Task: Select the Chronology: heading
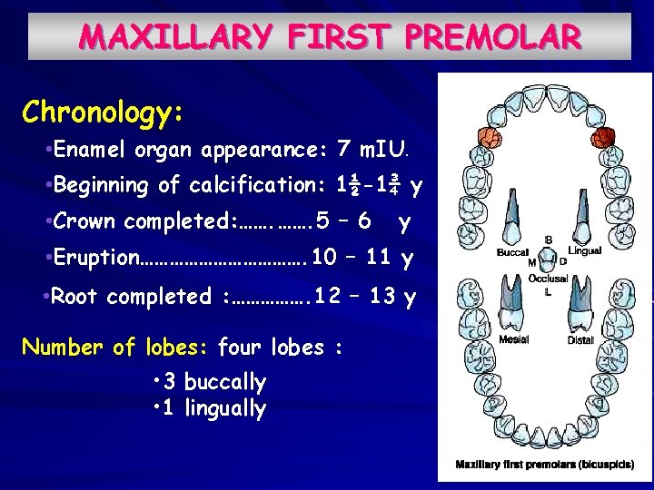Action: point(103,113)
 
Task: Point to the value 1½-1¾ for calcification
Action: point(368,185)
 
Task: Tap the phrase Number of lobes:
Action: point(115,347)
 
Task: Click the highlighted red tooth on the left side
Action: point(490,138)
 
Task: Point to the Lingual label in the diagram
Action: point(584,250)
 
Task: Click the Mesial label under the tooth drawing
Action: point(513,340)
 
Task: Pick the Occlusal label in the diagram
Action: point(549,279)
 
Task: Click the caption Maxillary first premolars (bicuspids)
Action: point(545,465)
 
